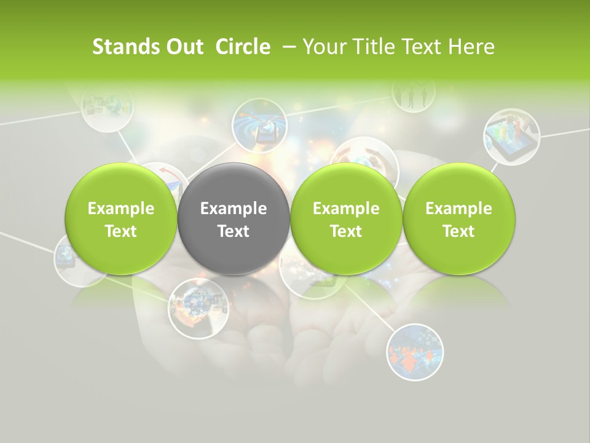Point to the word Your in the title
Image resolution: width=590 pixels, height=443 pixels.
tap(323, 47)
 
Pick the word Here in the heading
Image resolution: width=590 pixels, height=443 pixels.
tap(473, 47)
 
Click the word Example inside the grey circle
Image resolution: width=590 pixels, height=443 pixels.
tap(234, 209)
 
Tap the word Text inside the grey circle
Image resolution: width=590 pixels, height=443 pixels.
tap(234, 231)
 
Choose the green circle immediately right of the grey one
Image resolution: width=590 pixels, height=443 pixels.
tap(346, 218)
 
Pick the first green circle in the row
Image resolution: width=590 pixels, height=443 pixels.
tap(121, 218)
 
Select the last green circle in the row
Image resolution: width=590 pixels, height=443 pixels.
tap(458, 218)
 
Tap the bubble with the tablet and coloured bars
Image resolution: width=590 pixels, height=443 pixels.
tap(511, 136)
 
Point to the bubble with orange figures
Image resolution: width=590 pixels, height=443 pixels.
tap(415, 352)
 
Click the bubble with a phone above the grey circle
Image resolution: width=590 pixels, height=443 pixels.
tap(259, 125)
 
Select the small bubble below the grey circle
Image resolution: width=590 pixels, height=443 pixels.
tap(195, 308)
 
